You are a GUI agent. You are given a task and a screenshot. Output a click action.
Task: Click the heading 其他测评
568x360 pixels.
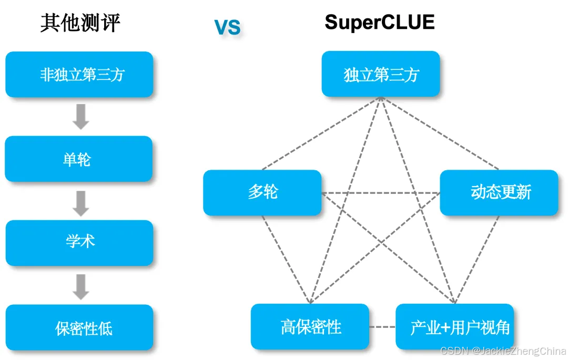click(80, 24)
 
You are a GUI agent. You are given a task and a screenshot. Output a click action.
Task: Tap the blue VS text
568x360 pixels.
click(227, 27)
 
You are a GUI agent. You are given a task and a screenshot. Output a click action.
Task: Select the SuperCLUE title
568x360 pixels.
click(380, 22)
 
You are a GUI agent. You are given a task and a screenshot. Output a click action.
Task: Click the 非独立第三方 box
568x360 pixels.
click(79, 75)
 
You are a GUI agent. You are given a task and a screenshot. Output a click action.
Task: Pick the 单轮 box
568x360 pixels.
click(79, 159)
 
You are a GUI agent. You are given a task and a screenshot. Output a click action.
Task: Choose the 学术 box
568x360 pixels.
click(79, 242)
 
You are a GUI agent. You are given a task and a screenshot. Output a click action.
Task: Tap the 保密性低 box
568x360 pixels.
click(79, 328)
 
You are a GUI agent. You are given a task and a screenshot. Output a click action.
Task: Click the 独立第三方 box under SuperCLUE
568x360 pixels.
click(381, 74)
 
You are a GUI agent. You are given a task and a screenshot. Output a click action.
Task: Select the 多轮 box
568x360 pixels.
click(262, 192)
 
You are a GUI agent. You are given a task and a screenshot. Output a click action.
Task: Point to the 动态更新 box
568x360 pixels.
click(499, 192)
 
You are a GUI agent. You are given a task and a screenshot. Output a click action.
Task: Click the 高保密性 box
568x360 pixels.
click(310, 327)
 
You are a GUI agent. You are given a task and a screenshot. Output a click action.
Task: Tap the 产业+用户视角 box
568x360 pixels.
click(454, 327)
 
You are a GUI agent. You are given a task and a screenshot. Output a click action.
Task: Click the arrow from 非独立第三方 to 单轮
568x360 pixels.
click(80, 117)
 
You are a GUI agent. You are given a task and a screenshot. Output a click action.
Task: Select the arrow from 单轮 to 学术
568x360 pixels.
click(80, 203)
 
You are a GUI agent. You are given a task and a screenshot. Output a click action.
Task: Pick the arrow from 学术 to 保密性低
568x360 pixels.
click(80, 286)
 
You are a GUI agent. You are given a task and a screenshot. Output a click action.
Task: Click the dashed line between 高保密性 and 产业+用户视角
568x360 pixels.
click(382, 327)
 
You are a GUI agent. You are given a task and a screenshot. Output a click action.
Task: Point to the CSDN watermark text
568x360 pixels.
click(502, 351)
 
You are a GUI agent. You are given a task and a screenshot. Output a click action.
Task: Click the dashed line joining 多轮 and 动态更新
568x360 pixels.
click(380, 193)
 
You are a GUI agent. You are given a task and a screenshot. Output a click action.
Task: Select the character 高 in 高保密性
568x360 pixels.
click(288, 327)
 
